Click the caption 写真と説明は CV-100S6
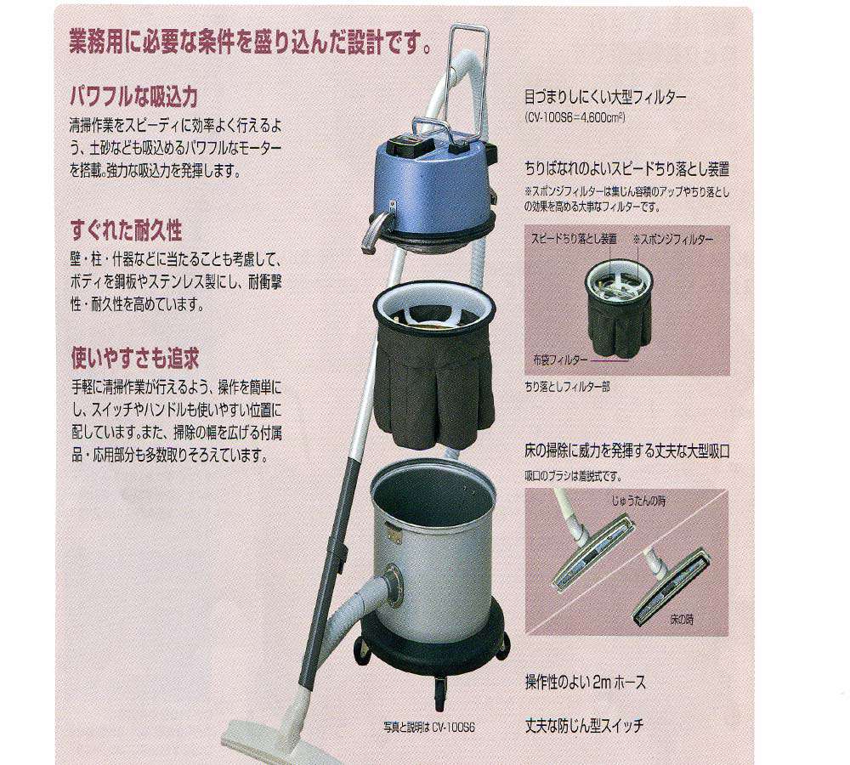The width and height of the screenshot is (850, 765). (428, 728)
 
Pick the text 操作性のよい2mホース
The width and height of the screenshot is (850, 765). (586, 683)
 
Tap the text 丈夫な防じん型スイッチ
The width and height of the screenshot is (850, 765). (586, 727)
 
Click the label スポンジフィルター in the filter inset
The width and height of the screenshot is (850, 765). (673, 240)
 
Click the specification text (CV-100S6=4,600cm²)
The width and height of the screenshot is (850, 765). (575, 118)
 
